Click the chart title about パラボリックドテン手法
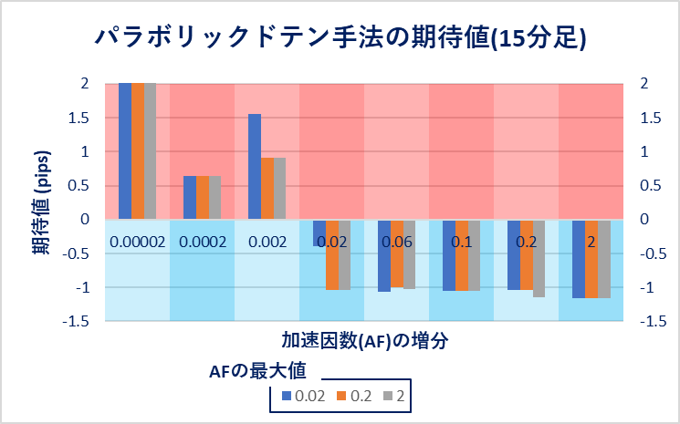(x=340, y=38)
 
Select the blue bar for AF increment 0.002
(x=255, y=167)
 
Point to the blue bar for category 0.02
(x=319, y=233)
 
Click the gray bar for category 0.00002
(x=151, y=151)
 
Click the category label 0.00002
(x=138, y=243)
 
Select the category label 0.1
(x=462, y=243)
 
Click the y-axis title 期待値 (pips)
(x=42, y=198)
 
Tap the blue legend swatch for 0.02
(x=287, y=397)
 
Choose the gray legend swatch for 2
(x=388, y=397)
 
